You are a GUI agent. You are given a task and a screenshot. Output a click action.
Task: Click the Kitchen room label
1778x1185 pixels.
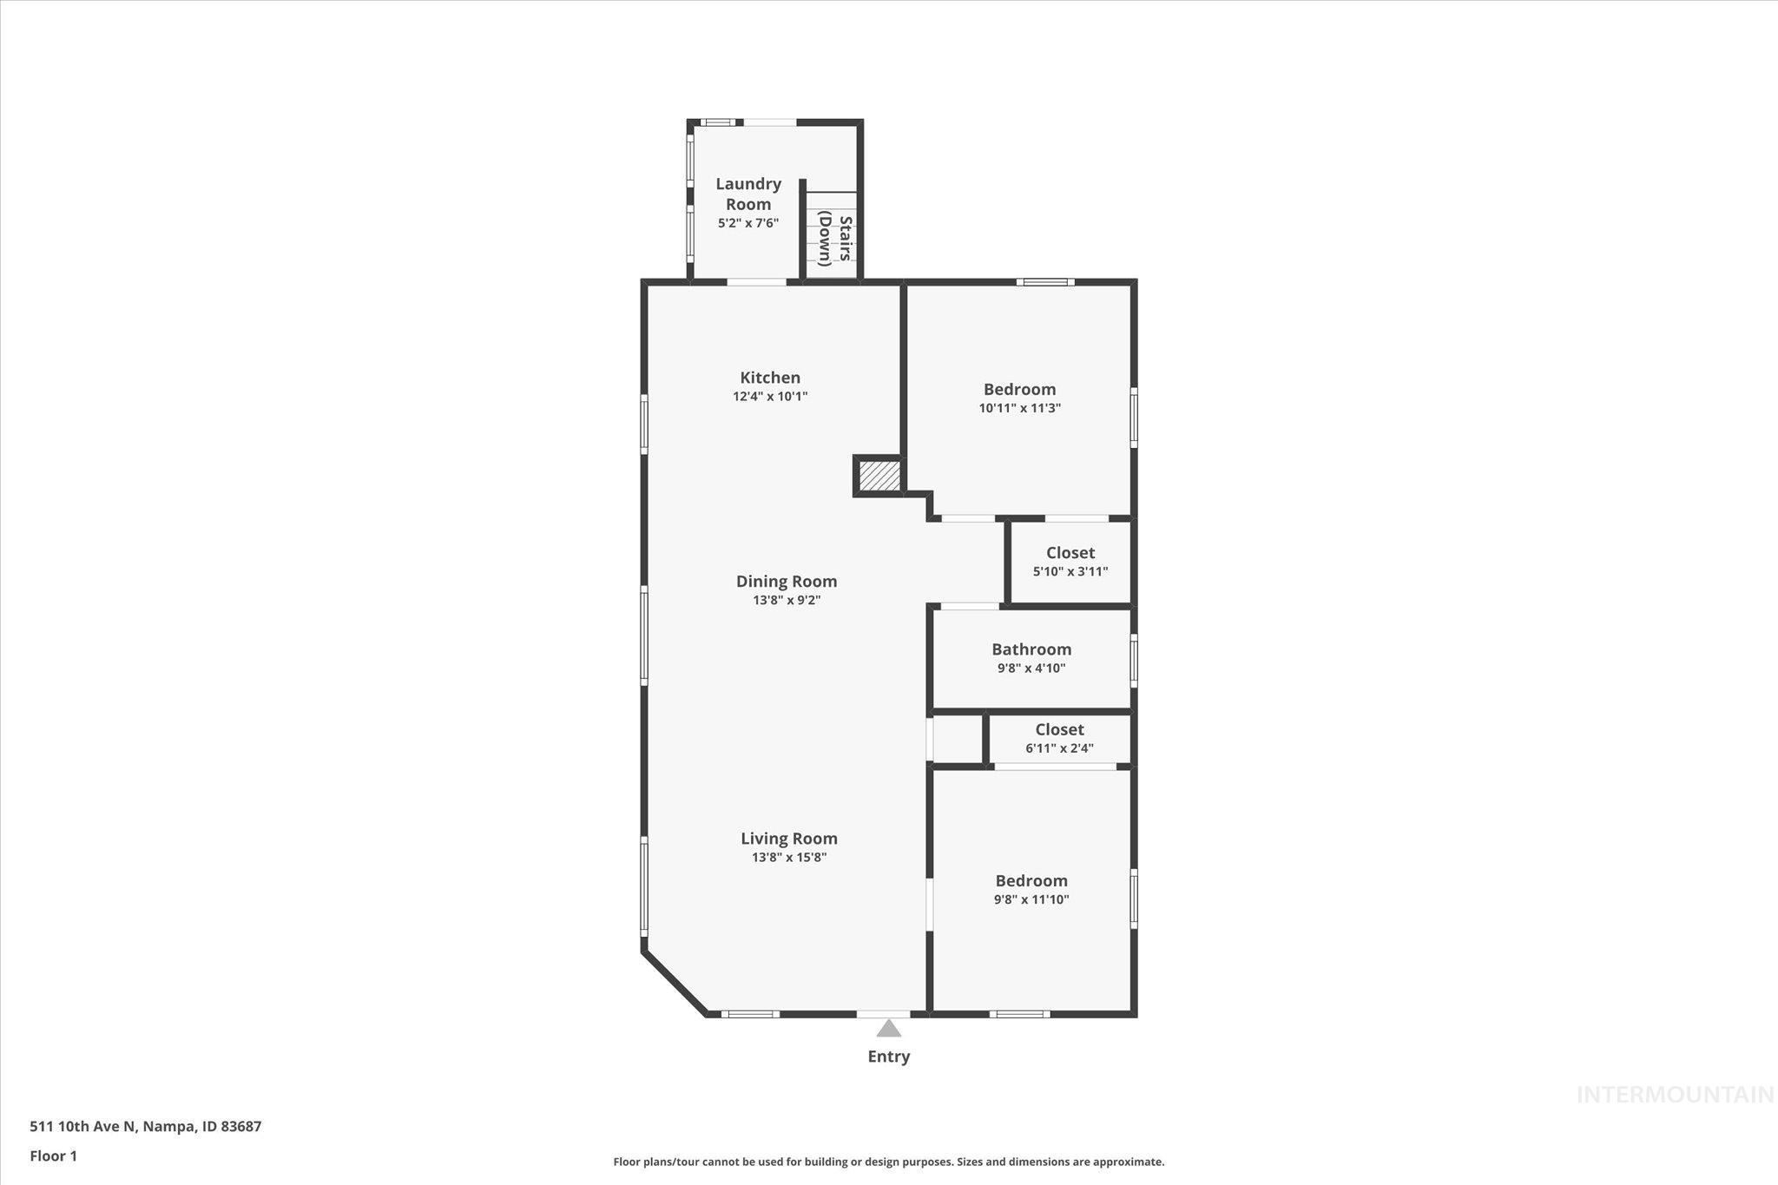pyautogui.click(x=770, y=378)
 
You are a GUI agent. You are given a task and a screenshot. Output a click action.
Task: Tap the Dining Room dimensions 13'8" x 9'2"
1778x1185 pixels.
pyautogui.click(x=787, y=600)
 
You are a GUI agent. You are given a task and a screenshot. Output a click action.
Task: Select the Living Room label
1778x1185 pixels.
pyautogui.click(x=788, y=838)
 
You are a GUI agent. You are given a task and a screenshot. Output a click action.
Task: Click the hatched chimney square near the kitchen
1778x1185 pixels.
pyautogui.click(x=879, y=476)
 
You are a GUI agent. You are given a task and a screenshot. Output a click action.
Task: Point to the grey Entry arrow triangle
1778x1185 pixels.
pyautogui.click(x=888, y=1029)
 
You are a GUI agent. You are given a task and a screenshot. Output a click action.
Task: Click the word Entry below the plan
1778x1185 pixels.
pyautogui.click(x=888, y=1057)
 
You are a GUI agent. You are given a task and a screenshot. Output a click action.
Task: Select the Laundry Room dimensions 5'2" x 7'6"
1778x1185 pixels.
pyautogui.click(x=747, y=223)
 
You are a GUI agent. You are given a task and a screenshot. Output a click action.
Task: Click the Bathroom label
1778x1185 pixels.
pyautogui.click(x=1031, y=649)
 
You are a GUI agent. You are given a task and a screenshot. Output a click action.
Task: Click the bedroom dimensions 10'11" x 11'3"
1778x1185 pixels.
pyautogui.click(x=1019, y=408)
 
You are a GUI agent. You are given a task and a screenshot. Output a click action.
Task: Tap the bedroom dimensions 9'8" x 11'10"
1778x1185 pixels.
pyautogui.click(x=1031, y=899)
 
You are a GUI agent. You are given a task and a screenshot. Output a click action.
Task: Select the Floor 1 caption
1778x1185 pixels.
pyautogui.click(x=53, y=1155)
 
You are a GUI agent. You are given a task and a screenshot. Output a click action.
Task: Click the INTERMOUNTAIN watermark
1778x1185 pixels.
pyautogui.click(x=1675, y=1096)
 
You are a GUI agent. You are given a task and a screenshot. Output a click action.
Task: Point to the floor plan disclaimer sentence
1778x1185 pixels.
pyautogui.click(x=888, y=1162)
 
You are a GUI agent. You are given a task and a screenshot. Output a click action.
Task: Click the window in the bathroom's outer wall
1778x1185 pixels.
pyautogui.click(x=1134, y=660)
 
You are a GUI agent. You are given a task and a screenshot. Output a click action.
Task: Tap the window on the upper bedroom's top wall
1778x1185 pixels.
pyautogui.click(x=1045, y=282)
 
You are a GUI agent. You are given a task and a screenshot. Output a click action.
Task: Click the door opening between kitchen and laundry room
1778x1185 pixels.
pyautogui.click(x=756, y=282)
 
